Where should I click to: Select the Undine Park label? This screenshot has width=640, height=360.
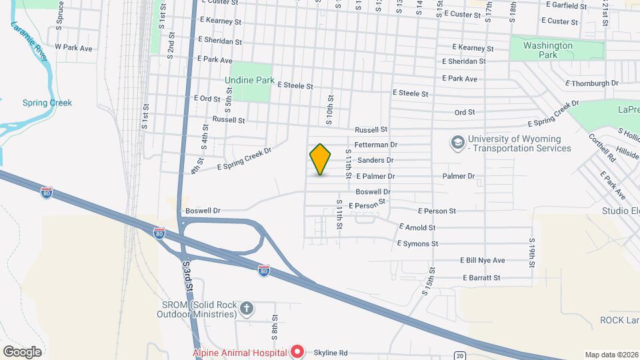(x=249, y=80)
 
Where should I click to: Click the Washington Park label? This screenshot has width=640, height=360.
(x=548, y=50)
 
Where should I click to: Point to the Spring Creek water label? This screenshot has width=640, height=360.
(x=47, y=103)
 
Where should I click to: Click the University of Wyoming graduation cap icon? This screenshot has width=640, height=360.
(x=458, y=143)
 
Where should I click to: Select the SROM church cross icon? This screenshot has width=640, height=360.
(x=247, y=308)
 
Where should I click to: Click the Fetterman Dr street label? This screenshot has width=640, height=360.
(x=376, y=144)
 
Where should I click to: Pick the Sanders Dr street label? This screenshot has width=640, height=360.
(x=375, y=160)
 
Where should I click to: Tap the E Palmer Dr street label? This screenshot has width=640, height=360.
(x=375, y=177)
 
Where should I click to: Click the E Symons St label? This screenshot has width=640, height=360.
(x=417, y=243)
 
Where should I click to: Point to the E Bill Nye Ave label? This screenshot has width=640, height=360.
(x=482, y=260)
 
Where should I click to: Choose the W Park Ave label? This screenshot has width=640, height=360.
(x=73, y=47)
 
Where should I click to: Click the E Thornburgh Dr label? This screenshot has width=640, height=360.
(x=591, y=83)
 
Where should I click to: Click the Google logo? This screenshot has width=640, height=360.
(x=22, y=351)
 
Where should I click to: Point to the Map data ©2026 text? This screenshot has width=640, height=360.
(x=611, y=355)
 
